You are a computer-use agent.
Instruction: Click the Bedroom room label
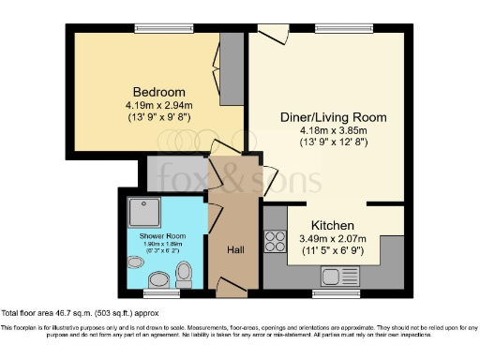[x=153, y=92]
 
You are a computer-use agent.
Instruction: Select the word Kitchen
[x=332, y=226]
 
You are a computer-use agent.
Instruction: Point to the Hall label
[x=236, y=250]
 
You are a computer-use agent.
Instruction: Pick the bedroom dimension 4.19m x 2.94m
[x=153, y=105]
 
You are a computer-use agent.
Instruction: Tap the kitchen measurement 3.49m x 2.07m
[x=332, y=240]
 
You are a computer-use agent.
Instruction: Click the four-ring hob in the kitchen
[x=276, y=241]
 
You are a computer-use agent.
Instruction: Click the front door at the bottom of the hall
[x=231, y=292]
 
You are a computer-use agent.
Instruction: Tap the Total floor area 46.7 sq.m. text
[x=79, y=311]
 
